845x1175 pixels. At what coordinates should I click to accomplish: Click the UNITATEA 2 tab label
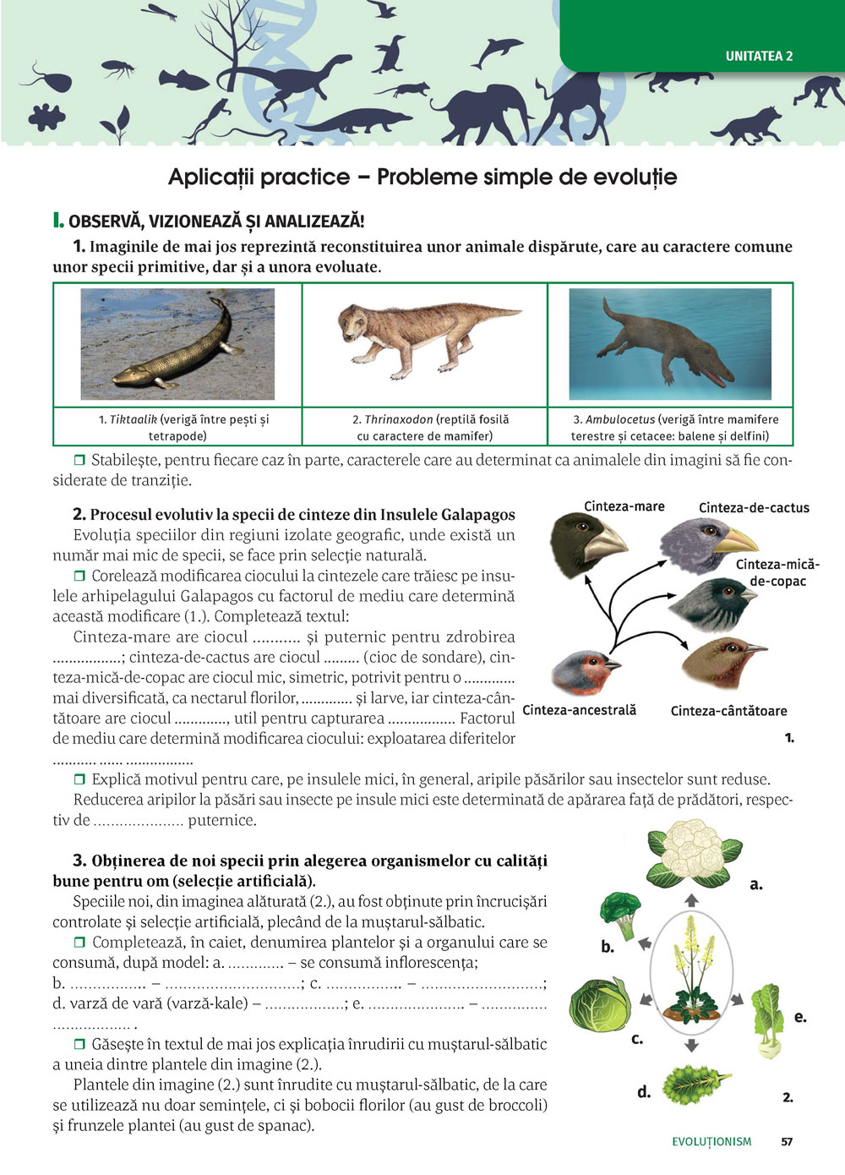point(759,56)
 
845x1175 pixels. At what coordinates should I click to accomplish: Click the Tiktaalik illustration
point(177,344)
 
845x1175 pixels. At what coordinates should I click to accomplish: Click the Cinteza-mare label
point(624,506)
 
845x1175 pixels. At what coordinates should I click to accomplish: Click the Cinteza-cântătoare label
point(728,711)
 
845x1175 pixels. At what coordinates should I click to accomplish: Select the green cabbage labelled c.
point(600,1007)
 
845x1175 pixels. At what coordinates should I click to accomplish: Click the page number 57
point(787,1141)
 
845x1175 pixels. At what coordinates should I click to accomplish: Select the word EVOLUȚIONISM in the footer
point(711,1141)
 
